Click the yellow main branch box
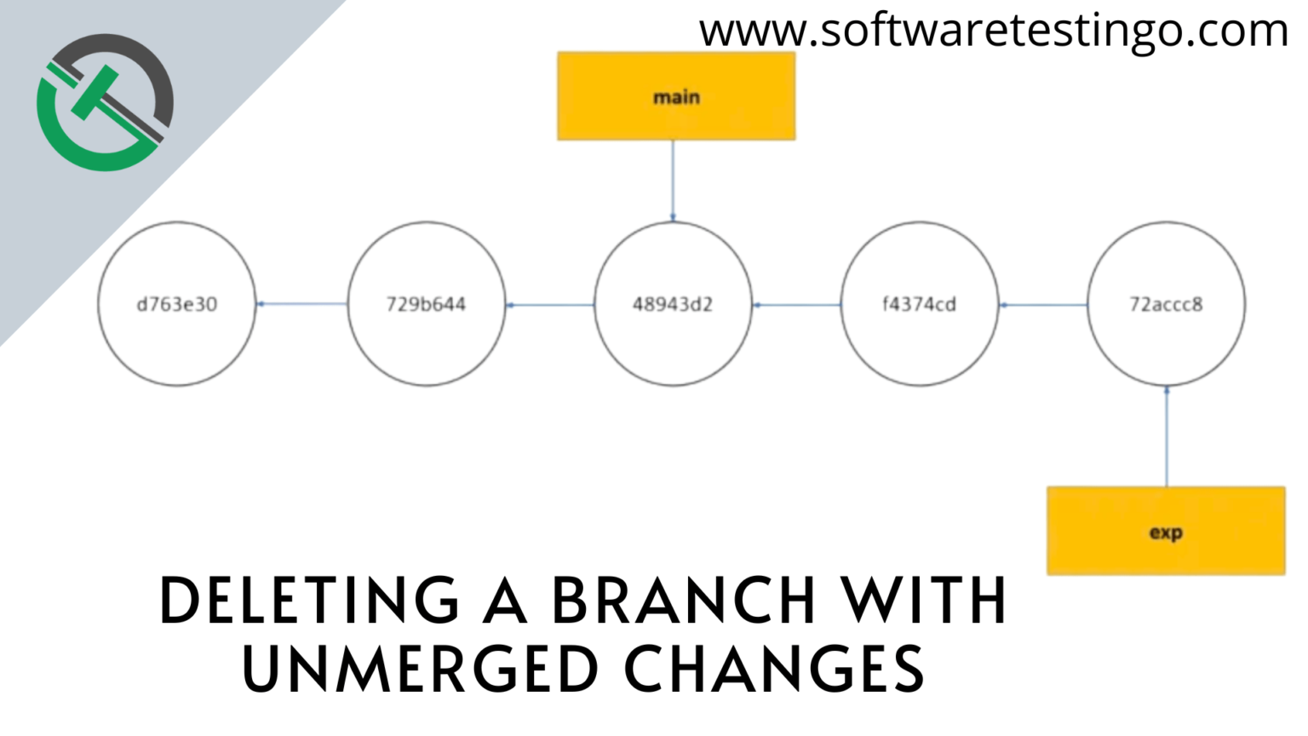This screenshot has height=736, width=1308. pos(676,96)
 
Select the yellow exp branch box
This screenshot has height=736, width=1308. pos(1166,531)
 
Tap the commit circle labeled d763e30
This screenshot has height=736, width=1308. pos(177,304)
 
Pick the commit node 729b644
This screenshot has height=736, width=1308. pos(427,304)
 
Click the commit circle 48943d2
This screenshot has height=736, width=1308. pos(674,304)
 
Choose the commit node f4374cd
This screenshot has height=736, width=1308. pos(920,304)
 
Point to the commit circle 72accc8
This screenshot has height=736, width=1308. pos(1166,304)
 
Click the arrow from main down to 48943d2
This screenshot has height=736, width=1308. pos(674,181)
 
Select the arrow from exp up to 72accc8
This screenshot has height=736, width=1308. pos(1167,436)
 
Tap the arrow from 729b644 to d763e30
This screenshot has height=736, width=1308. pos(302,304)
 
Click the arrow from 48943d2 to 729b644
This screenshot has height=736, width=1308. pos(550,304)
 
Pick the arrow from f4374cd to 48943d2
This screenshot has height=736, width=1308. pos(796,304)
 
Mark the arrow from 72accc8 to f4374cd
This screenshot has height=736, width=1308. pos(1043,304)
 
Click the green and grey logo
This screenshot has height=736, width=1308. pos(105,102)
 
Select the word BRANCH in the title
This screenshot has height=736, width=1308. pos(684,600)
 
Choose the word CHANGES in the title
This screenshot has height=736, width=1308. pos(775,668)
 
